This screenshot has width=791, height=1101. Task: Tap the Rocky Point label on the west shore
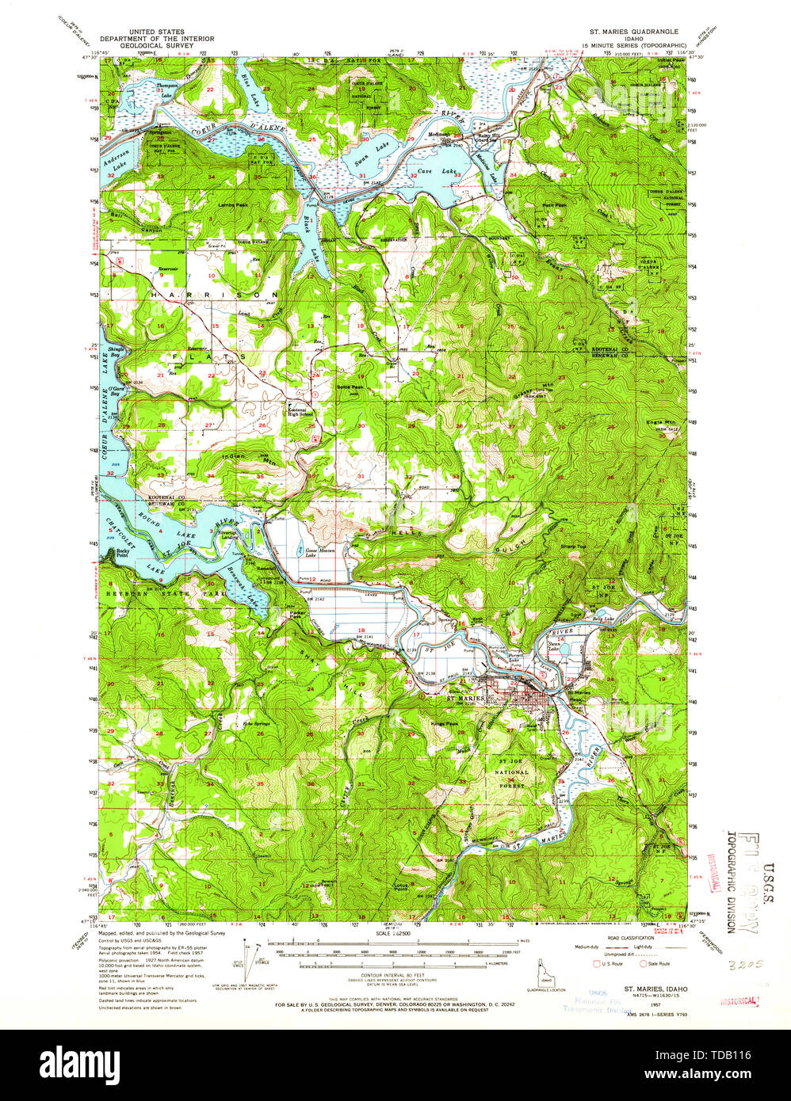click(x=121, y=552)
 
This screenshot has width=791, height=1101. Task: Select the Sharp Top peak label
click(x=572, y=547)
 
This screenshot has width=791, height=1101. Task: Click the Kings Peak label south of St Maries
click(x=445, y=723)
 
